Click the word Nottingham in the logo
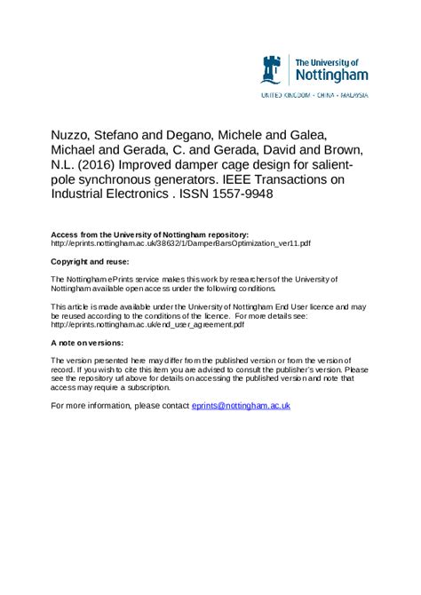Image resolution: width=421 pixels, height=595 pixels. (331, 75)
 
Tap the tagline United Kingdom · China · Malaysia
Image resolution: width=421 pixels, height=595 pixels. (314, 94)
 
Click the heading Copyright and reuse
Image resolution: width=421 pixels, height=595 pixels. (90, 262)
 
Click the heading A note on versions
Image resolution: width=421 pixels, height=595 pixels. (87, 343)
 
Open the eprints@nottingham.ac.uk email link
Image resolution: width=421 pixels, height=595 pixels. (241, 406)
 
